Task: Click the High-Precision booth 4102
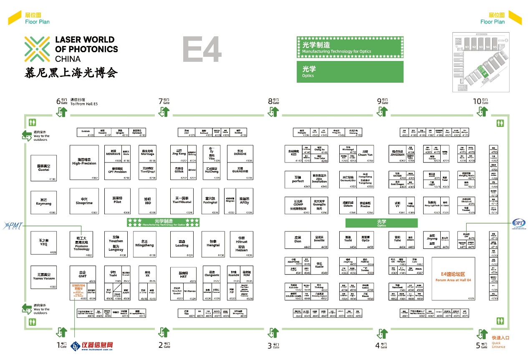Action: click(84, 162)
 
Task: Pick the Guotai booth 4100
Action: click(43, 168)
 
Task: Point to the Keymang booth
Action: click(43, 202)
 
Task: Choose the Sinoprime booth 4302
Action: click(84, 202)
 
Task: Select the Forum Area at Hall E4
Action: click(453, 278)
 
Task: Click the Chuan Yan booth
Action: click(365, 153)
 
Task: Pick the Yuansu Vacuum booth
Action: click(43, 277)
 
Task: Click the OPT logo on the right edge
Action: click(519, 224)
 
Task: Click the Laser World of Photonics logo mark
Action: click(37, 49)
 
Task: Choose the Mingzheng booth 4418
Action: click(144, 244)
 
